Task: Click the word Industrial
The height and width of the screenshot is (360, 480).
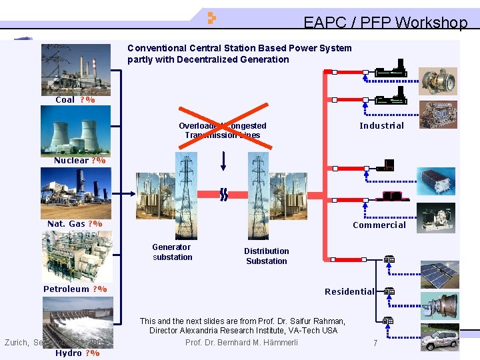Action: coord(381,125)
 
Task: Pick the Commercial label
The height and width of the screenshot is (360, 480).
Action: coord(379,225)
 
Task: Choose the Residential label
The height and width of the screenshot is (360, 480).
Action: coord(349,291)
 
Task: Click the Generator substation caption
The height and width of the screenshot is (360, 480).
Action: coord(172,252)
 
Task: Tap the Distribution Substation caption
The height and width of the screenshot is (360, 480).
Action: coord(266,256)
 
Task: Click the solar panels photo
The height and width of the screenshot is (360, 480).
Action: coord(439,275)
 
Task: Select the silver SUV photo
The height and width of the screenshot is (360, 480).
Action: coord(439,338)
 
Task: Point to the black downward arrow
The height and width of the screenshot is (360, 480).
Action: coord(224,160)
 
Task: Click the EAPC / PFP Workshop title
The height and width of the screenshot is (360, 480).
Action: coord(385,23)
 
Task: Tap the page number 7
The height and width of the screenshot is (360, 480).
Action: coord(375,343)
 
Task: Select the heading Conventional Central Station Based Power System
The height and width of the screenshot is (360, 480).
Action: coord(239,48)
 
